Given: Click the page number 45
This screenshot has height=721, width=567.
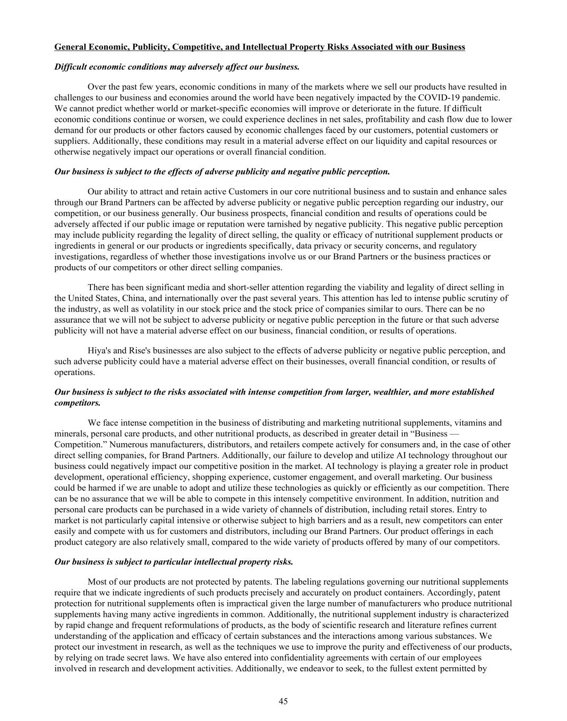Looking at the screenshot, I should point(283,701).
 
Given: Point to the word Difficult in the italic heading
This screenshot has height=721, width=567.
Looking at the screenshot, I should point(71,67).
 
